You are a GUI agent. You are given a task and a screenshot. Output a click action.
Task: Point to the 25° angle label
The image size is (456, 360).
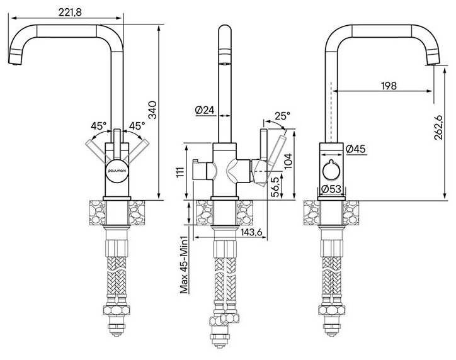click(282, 116)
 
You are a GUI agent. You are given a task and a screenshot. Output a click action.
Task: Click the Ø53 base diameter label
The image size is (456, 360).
click(332, 189)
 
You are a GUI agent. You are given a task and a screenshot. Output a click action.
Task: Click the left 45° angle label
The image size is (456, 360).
click(98, 125)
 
